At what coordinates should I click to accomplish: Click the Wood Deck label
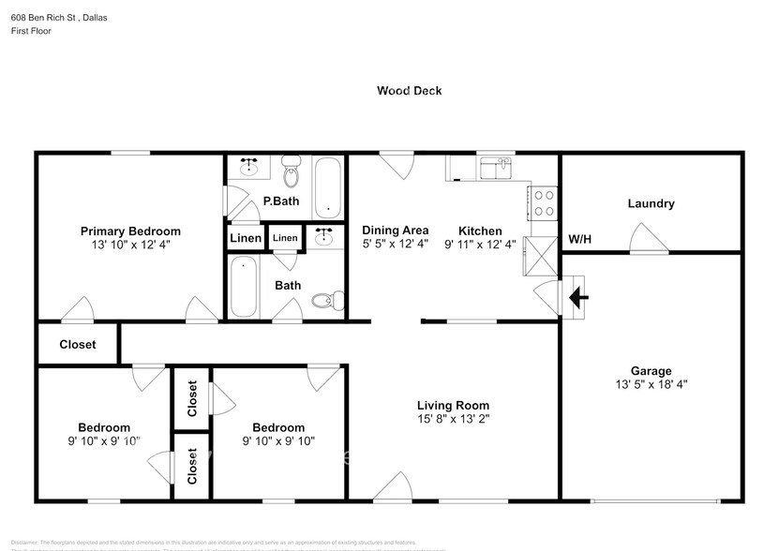[409, 91]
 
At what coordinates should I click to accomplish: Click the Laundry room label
[651, 203]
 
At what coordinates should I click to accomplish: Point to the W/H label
[580, 239]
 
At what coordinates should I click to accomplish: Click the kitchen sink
[494, 168]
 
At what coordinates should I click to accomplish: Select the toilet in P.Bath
[291, 174]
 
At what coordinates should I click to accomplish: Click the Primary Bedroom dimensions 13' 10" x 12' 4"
[130, 245]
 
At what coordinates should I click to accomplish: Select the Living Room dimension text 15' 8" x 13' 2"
[453, 420]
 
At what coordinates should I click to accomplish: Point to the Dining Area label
[396, 231]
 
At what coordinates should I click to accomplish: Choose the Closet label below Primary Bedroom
[78, 344]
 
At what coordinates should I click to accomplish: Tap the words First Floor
[31, 31]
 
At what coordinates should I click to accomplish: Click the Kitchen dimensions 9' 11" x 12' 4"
[480, 245]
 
